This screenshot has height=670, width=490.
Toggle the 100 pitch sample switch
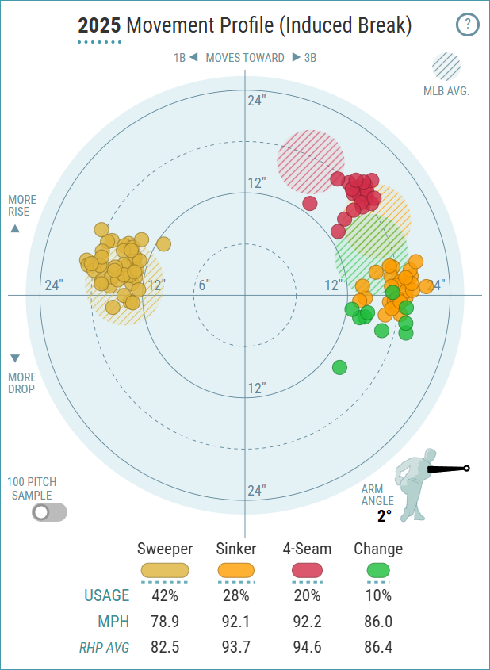(x=49, y=512)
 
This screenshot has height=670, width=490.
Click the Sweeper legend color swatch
(x=165, y=570)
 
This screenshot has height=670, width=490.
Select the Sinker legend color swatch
(x=236, y=570)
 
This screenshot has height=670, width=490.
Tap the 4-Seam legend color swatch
(x=307, y=570)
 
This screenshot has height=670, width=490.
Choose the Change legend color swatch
(x=378, y=570)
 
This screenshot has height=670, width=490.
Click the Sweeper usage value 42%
(x=165, y=595)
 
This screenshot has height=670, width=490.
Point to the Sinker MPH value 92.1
(x=236, y=622)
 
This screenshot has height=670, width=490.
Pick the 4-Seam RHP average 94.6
(x=307, y=647)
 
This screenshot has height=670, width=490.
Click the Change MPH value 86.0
(x=378, y=622)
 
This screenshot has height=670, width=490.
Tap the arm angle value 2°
(x=385, y=516)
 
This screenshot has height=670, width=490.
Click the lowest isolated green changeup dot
(x=339, y=366)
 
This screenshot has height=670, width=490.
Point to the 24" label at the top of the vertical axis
(x=255, y=101)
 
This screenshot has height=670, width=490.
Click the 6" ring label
(x=204, y=285)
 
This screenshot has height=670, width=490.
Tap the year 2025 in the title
(x=99, y=26)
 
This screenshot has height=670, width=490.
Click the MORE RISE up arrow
(x=15, y=228)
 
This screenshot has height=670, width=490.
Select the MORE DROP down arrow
(x=15, y=358)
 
